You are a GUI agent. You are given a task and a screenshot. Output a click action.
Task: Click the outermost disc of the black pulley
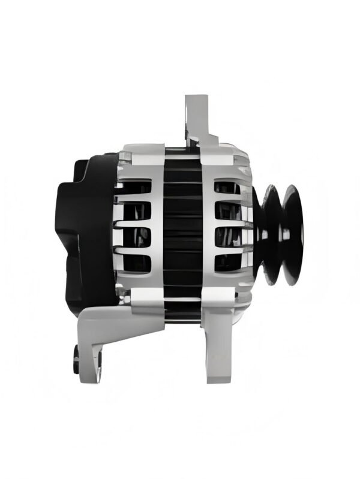tap(293, 234)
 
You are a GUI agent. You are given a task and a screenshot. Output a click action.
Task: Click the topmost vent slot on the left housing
tap(133, 188)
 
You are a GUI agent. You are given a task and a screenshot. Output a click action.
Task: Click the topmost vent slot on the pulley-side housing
tap(227, 188)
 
